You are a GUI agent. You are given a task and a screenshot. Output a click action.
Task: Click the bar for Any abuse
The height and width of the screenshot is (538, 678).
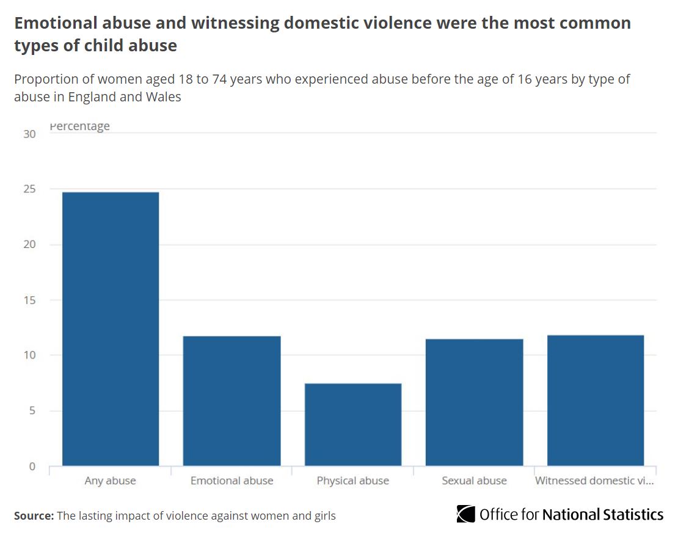coord(111,329)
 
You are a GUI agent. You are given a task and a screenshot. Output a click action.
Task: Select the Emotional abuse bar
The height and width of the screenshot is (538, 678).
coord(231,401)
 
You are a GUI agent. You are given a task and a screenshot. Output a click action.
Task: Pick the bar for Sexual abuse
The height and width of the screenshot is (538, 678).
coord(474,402)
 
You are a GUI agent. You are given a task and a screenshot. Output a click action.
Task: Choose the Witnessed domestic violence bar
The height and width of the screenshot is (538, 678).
coord(595,401)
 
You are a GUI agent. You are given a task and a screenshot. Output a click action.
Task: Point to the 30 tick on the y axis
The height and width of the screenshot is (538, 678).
coord(29,134)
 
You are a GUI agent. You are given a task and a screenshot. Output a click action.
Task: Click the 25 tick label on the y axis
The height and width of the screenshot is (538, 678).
coord(29,189)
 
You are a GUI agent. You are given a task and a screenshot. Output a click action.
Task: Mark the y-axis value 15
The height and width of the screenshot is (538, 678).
coord(29,300)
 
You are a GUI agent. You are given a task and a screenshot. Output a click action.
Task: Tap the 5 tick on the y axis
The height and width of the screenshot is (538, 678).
coord(32,411)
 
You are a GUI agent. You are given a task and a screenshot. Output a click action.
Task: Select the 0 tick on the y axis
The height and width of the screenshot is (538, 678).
coord(32,467)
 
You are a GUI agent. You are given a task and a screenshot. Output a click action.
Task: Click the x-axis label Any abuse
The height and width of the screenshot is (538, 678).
coord(111,481)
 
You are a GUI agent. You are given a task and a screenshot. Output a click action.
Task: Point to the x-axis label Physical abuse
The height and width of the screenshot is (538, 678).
coord(353,481)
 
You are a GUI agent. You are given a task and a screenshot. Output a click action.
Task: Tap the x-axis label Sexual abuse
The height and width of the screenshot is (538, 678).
coord(474,481)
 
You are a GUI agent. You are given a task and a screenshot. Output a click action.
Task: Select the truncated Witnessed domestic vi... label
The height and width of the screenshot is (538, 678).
coord(594,481)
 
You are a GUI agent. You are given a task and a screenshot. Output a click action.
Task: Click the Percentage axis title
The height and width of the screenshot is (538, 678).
coord(79,126)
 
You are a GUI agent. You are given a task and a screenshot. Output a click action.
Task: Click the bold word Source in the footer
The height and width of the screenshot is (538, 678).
coord(34,516)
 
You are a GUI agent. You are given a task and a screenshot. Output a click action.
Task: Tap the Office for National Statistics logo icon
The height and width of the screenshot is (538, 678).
coord(465,514)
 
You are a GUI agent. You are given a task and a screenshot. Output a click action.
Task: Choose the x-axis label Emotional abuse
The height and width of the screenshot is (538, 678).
coord(231,481)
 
